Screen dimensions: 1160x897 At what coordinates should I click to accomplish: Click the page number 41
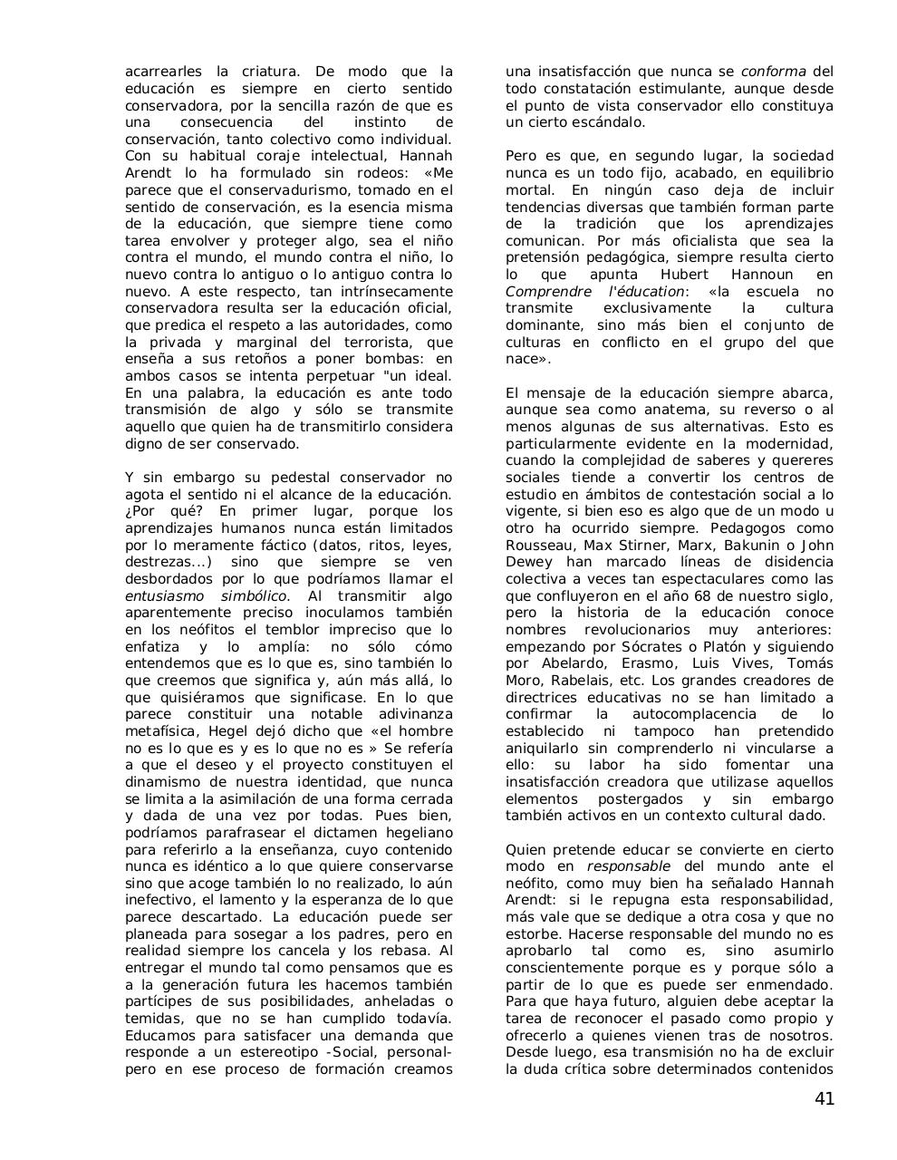[x=824, y=1099]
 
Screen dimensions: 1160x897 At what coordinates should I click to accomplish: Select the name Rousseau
[x=537, y=546]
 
